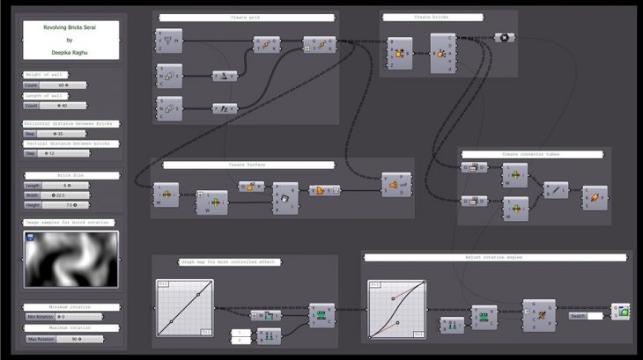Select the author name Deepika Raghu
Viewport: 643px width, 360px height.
70,52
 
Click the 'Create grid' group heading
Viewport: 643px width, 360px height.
246,18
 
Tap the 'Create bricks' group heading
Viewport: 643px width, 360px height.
430,18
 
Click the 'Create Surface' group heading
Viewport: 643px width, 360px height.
248,165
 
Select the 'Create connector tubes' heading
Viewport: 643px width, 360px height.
531,154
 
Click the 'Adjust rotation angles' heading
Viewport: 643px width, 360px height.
494,257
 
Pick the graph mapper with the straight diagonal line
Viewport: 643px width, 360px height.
185,308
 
